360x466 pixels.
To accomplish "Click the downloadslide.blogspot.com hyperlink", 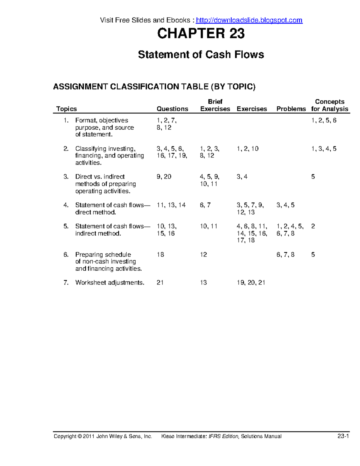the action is (x=249, y=20).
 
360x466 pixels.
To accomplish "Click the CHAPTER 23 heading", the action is (x=201, y=33).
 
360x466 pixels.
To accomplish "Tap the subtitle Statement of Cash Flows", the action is (x=201, y=55).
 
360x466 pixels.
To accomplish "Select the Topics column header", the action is (x=67, y=109).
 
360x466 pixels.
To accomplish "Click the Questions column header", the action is (x=172, y=109).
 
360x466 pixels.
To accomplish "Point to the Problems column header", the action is (x=291, y=109).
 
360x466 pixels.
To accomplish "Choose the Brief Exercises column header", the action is (x=215, y=105).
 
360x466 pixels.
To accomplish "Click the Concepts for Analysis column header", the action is (x=329, y=105).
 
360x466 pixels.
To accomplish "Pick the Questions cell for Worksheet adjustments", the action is (x=160, y=283).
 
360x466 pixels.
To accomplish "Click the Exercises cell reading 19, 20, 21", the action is (x=251, y=283).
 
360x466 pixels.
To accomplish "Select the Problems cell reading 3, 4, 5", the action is (x=285, y=205).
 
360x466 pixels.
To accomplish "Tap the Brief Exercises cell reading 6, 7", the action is (x=205, y=205).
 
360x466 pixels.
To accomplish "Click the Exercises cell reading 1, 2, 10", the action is (x=247, y=149).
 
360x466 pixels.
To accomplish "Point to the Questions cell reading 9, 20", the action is (x=164, y=177).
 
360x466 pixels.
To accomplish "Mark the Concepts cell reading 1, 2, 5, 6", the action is (x=324, y=121).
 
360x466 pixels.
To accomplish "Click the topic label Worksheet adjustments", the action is (x=109, y=283).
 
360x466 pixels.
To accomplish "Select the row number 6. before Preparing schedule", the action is (x=66, y=255).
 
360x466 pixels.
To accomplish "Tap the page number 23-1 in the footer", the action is (x=343, y=436).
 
